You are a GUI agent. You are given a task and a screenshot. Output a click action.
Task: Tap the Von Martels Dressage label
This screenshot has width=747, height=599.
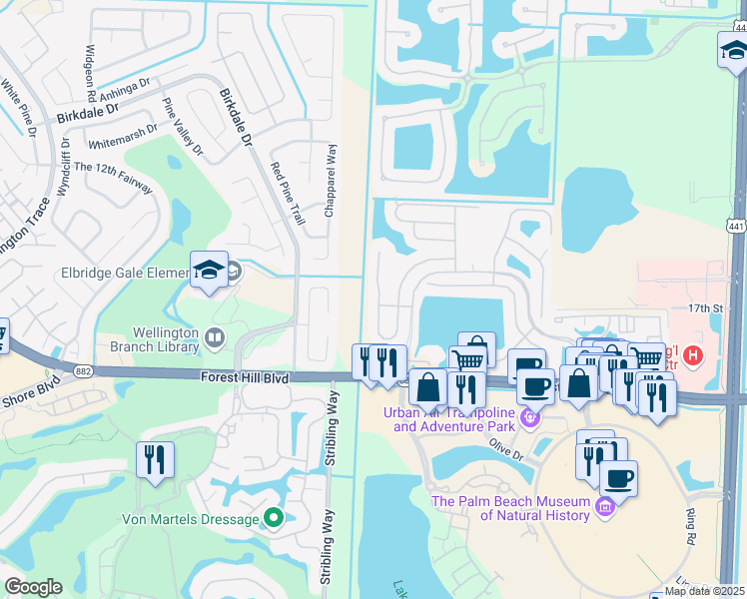click(190, 519)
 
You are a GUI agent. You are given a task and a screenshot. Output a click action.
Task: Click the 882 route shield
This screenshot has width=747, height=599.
click(83, 370)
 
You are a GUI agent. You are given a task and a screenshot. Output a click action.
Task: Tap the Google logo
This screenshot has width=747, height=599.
click(33, 587)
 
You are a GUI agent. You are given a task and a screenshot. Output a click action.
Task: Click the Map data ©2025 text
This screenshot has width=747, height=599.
click(704, 591)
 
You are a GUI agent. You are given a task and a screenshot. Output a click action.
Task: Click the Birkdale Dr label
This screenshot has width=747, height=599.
click(238, 119)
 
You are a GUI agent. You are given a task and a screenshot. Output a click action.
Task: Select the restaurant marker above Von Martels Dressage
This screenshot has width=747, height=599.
click(155, 459)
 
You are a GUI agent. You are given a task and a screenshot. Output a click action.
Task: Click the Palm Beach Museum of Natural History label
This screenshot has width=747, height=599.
click(511, 508)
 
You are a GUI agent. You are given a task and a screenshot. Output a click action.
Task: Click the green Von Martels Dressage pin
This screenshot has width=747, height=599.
click(273, 518)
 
